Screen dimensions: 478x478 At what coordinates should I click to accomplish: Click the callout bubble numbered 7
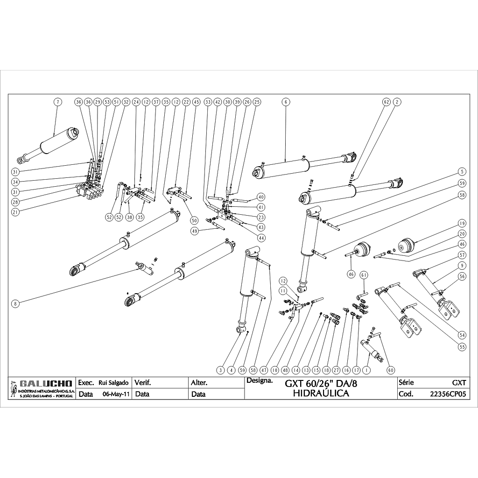pos(57,102)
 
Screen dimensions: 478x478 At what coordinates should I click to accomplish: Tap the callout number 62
pos(386,102)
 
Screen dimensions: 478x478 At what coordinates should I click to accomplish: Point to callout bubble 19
pos(462,223)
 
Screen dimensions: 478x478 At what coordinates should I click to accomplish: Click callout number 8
pos(15,303)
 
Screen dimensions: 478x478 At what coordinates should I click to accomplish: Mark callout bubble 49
pos(195,231)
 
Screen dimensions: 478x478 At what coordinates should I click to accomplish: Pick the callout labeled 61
pos(364,274)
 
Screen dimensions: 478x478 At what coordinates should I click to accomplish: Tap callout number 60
pos(391,370)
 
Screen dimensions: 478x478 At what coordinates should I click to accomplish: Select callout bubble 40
pos(260,197)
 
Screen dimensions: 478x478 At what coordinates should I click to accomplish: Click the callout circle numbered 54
pos(462,335)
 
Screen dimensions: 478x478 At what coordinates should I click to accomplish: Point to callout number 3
pos(222,370)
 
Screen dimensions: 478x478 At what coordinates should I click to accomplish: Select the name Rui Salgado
pos(113,383)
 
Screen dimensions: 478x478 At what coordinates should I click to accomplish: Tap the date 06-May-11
pos(115,394)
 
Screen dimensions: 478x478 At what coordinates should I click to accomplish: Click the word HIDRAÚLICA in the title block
pos(321,394)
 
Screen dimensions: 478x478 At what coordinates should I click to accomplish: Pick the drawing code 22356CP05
pos(448,394)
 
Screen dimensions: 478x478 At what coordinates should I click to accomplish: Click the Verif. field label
pos(143,383)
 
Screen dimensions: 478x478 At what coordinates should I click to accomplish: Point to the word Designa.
pos(260,381)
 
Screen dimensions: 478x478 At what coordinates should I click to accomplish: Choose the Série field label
pos(406,383)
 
